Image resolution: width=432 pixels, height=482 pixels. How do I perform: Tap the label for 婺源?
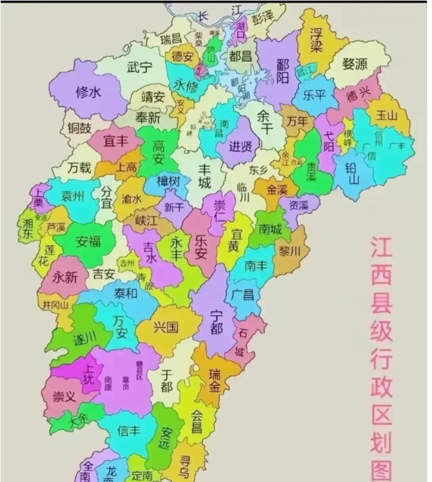355,64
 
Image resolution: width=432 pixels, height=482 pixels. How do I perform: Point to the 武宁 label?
139,68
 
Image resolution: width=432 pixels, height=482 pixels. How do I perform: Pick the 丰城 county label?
204,176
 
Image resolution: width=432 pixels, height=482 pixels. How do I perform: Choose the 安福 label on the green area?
88,240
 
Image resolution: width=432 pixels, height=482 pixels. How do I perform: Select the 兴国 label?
165,326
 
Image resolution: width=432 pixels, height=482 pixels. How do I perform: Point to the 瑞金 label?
215,379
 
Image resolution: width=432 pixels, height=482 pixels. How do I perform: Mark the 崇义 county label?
64,397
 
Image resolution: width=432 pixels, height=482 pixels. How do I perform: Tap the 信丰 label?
129,431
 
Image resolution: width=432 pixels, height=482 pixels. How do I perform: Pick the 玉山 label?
387,115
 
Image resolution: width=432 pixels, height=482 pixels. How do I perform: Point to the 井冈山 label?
56,304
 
